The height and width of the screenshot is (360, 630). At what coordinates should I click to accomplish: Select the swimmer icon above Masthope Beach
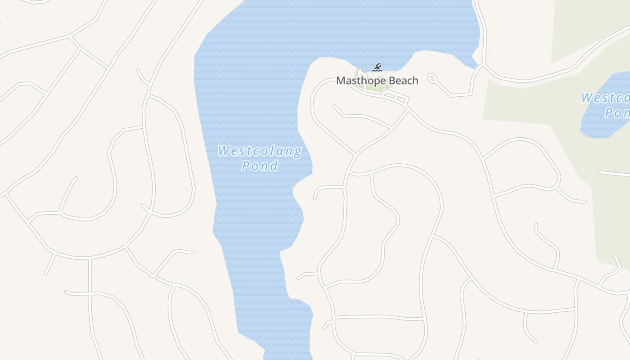coord(377,68)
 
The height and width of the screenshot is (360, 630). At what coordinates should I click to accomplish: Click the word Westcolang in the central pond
coord(260,151)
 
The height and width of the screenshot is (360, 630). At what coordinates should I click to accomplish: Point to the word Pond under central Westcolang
coord(260,166)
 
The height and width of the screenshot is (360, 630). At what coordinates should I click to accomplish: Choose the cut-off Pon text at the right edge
coord(617,112)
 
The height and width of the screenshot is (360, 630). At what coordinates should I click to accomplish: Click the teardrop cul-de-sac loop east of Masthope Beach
coord(432,79)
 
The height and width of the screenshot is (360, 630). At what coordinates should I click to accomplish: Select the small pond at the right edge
coord(605,106)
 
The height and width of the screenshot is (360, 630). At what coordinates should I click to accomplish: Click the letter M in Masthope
coord(341,81)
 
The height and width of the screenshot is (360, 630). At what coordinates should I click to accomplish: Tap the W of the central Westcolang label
coord(224,151)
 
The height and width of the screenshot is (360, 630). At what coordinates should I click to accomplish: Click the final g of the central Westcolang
coord(297,152)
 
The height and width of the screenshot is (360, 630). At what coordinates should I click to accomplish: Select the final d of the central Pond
coord(274,166)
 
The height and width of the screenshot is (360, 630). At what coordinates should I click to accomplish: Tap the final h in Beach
coord(415,81)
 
